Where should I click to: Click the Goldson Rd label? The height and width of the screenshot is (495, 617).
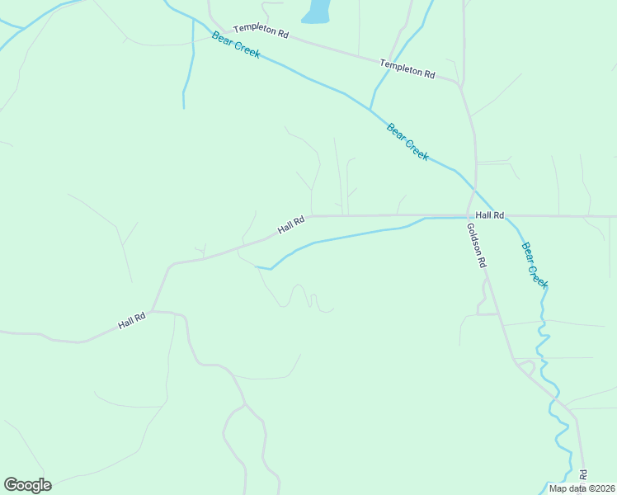[x=477, y=247]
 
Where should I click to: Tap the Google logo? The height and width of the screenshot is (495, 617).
[x=27, y=485]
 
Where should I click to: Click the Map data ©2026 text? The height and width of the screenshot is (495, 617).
[x=582, y=488]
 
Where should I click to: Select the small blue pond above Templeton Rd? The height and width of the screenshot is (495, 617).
[x=316, y=12]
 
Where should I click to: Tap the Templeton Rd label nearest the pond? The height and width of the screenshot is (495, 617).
[x=261, y=31]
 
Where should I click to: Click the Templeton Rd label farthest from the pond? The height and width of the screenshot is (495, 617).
[x=407, y=68]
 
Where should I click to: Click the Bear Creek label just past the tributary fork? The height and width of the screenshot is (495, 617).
[x=407, y=142]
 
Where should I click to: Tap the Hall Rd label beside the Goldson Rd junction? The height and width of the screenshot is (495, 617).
[x=489, y=214]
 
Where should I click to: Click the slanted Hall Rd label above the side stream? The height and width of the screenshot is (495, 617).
[x=291, y=224]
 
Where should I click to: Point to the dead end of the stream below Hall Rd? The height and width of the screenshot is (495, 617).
[x=256, y=266]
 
